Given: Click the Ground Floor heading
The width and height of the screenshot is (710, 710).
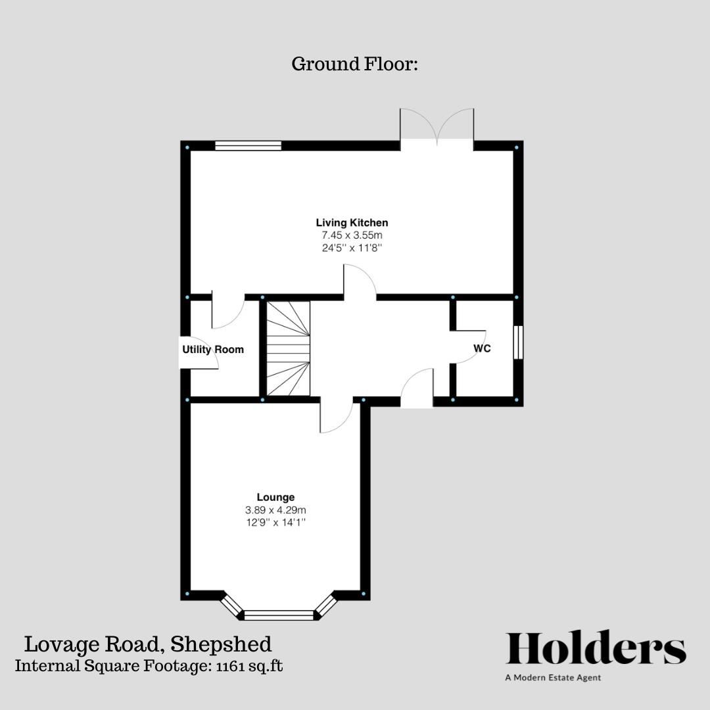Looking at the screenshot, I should (x=355, y=64).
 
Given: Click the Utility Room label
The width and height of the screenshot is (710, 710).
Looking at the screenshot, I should (x=213, y=350).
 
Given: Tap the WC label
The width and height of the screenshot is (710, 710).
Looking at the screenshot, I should (x=483, y=348).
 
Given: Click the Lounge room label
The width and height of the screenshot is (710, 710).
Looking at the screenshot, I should (x=275, y=497).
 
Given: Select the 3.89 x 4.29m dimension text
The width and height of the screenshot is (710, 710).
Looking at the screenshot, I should (x=275, y=509).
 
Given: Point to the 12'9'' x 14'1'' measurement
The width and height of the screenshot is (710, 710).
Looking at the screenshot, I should (x=275, y=523).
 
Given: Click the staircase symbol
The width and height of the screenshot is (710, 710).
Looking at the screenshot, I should (x=288, y=349).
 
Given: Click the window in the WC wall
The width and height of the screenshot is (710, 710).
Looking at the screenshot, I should (x=518, y=342).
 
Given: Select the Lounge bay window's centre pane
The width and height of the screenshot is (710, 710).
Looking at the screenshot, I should (x=279, y=615).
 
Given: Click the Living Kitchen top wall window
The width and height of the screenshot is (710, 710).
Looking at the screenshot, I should (x=248, y=146).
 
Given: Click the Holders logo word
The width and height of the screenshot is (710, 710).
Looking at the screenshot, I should (x=596, y=650).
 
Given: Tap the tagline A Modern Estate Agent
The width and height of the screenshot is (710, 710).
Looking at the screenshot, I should (x=553, y=678).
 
